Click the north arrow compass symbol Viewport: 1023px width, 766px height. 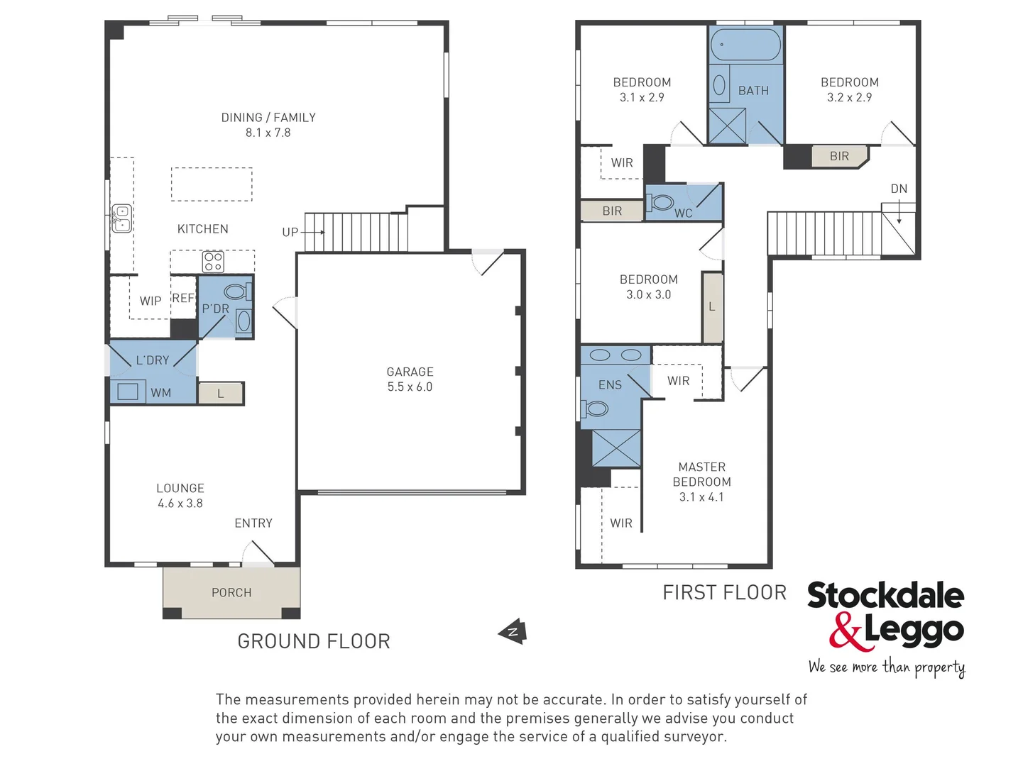513,631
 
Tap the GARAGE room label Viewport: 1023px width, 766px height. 410,372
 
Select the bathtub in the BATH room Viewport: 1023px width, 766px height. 745,45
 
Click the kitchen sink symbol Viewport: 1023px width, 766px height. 122,218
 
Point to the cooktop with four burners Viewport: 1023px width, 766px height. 213,262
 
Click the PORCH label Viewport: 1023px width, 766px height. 231,592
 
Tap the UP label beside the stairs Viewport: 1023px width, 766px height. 290,232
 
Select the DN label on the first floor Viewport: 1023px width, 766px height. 899,189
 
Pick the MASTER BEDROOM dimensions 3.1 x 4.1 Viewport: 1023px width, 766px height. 701,497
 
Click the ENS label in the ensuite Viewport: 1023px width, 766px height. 610,385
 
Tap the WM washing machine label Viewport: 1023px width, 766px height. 160,392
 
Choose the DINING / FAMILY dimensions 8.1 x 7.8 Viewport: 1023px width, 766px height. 268,133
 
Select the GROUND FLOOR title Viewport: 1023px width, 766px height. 313,641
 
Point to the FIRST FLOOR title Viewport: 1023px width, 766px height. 724,593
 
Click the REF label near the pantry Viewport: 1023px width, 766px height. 183,299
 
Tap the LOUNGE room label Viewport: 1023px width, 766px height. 180,488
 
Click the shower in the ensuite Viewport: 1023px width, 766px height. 616,448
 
